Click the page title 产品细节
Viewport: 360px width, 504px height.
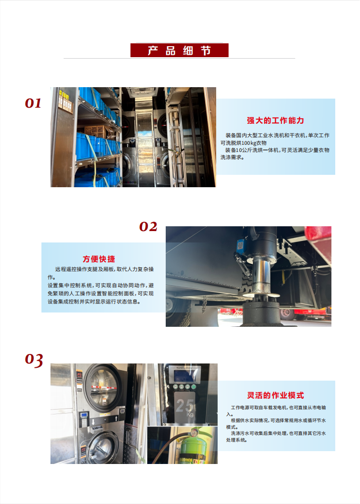(x=180, y=50)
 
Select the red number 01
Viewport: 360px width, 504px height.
(x=33, y=103)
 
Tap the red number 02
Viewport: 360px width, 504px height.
(x=148, y=227)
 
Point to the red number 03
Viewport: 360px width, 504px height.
(x=34, y=360)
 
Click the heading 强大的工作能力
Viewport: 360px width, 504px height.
(x=275, y=121)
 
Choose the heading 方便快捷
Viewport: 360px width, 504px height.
(x=99, y=259)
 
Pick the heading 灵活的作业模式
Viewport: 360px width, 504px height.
(x=275, y=395)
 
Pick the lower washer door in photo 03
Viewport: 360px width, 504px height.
(x=103, y=445)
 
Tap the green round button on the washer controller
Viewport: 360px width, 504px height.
(x=177, y=387)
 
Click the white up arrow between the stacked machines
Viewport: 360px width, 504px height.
(x=93, y=422)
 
